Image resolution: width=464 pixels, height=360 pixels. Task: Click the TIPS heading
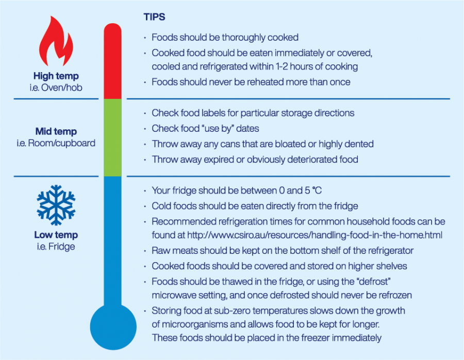click(154, 17)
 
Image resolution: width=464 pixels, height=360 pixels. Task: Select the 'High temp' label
click(56, 76)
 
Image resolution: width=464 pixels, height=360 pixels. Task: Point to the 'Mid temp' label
click(56, 131)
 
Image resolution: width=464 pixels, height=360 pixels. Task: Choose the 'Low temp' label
click(56, 235)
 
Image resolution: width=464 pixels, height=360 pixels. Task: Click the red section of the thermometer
click(112, 62)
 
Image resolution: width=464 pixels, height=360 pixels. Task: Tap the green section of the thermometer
click(112, 138)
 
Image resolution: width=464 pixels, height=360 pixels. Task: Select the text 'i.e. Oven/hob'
click(56, 88)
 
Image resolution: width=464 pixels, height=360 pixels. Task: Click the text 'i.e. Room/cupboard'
click(56, 143)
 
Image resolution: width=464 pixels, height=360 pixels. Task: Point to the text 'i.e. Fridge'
click(56, 246)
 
